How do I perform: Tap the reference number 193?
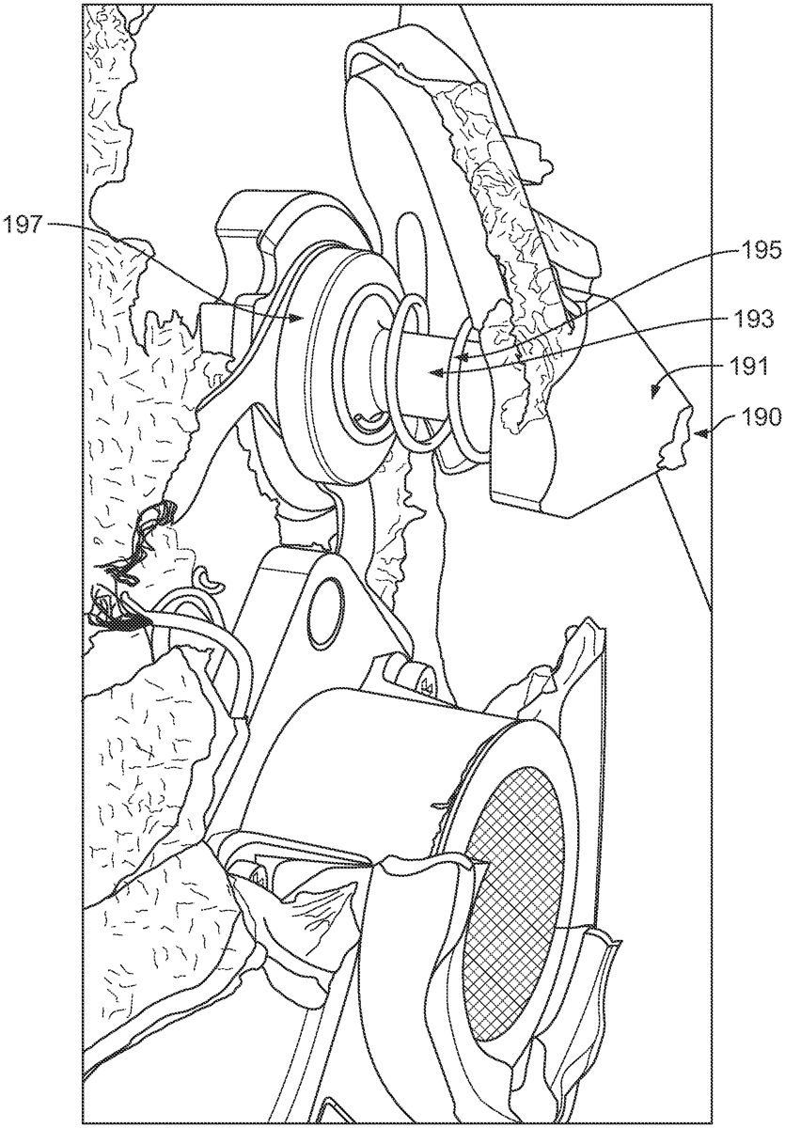(754, 319)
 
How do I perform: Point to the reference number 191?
(751, 367)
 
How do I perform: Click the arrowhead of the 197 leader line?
(298, 317)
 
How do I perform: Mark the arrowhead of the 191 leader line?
(655, 389)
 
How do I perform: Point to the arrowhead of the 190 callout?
(699, 432)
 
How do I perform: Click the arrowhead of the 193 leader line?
(435, 372)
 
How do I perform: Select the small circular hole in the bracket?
(324, 612)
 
